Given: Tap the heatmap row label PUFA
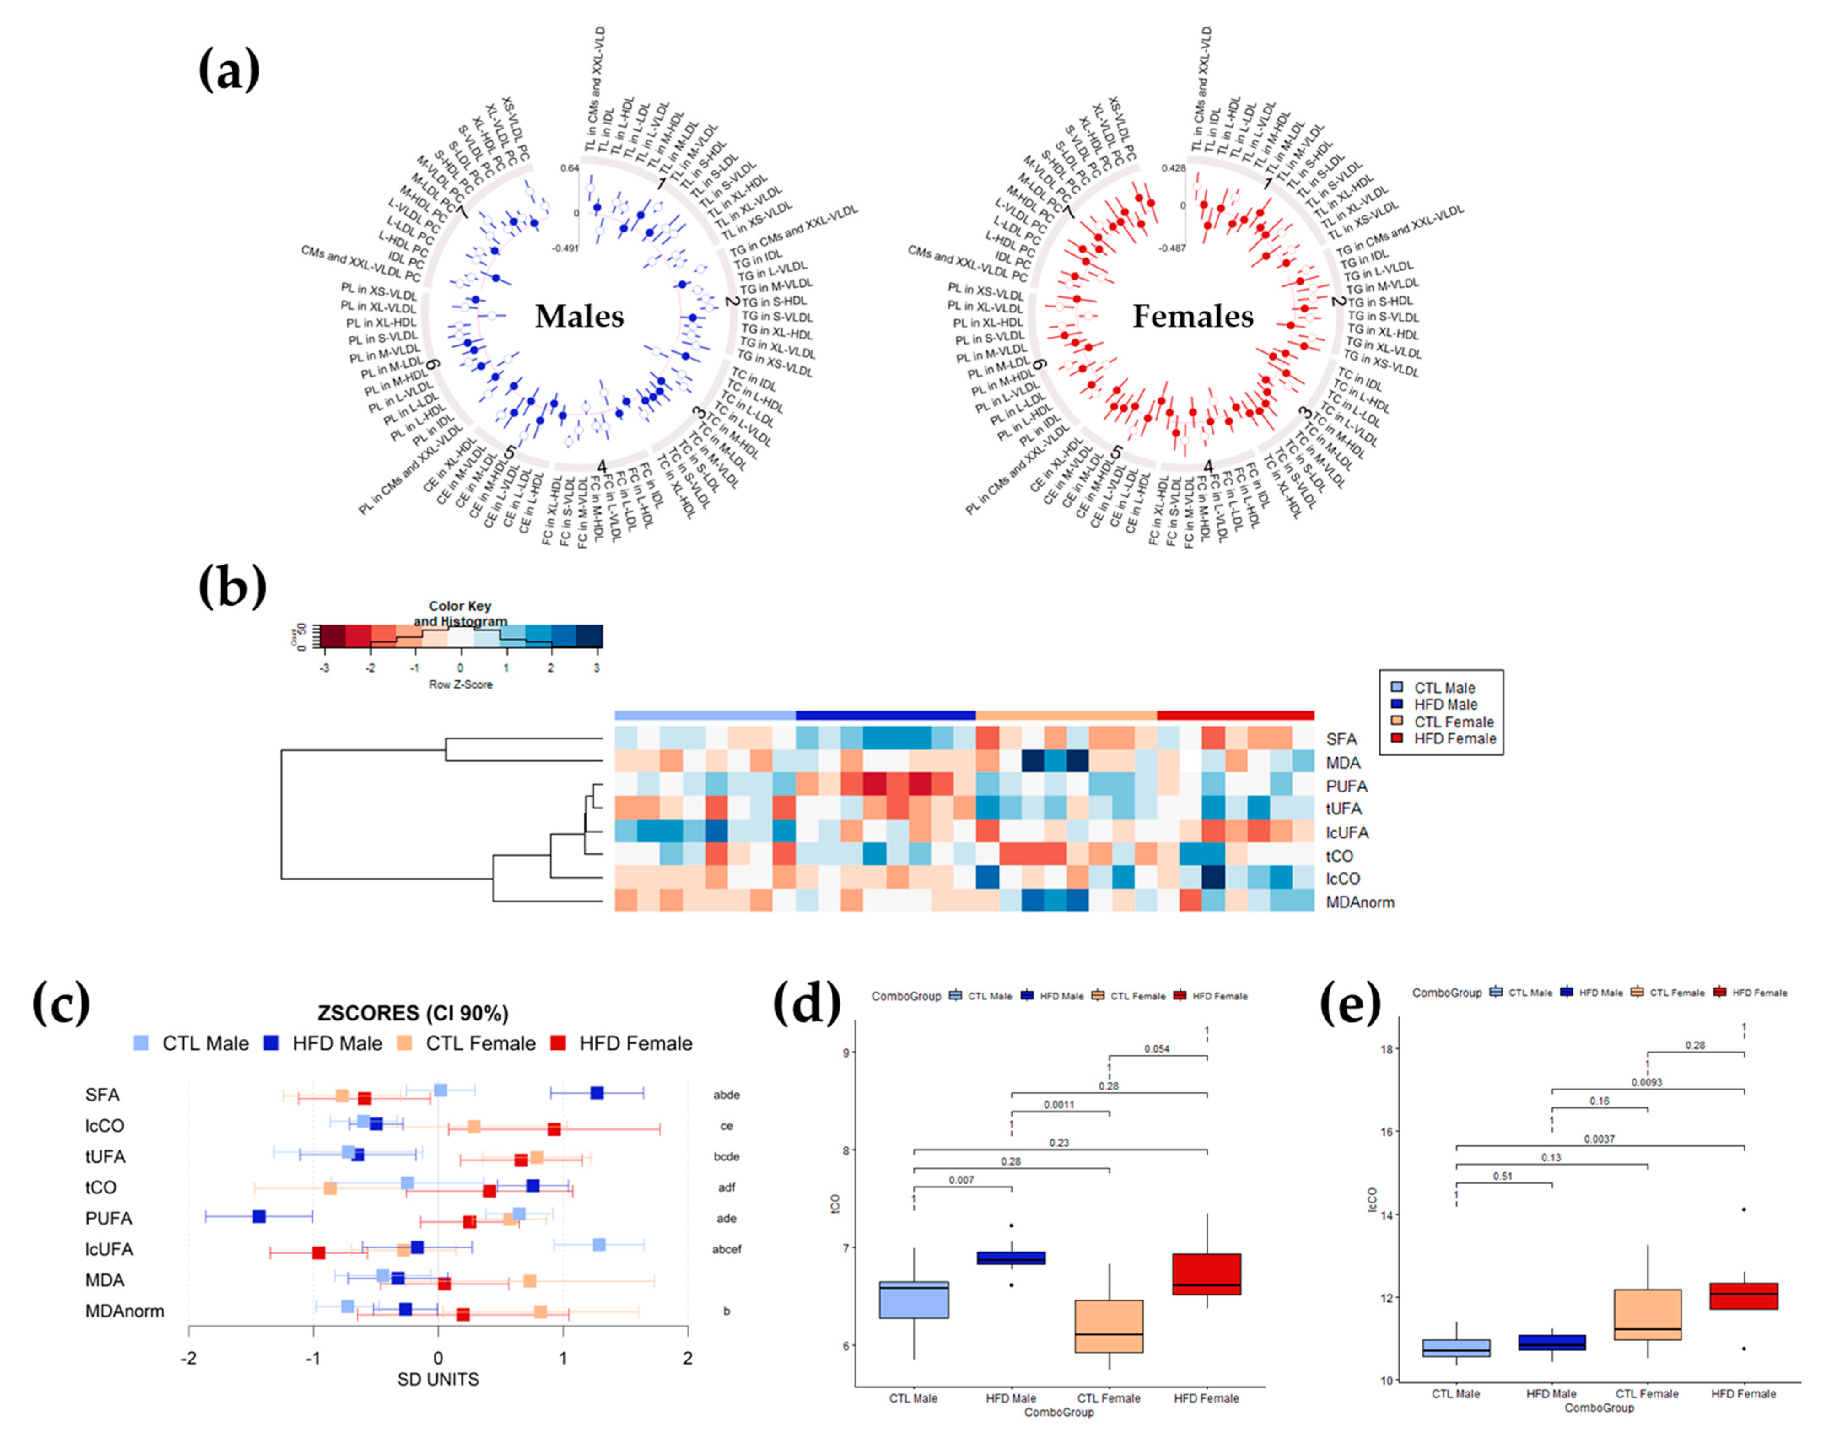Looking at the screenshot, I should coord(1346,786).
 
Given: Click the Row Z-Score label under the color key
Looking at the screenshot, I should coord(461,685).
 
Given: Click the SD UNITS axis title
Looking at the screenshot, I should coord(438,1380).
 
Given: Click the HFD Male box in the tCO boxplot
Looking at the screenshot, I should coord(1011,1258).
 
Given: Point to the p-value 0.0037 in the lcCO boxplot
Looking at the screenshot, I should coord(1599,1139).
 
